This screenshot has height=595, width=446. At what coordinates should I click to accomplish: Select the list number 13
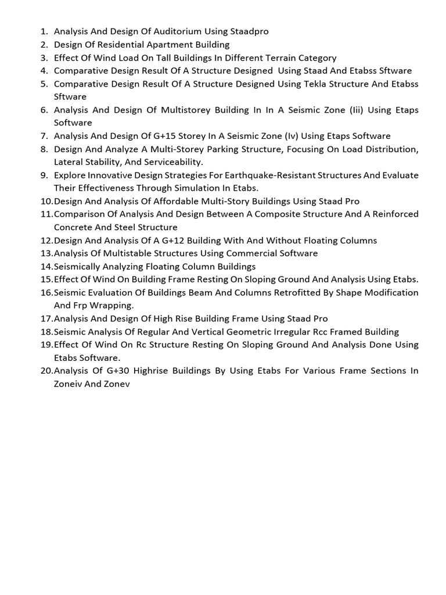(46, 253)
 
